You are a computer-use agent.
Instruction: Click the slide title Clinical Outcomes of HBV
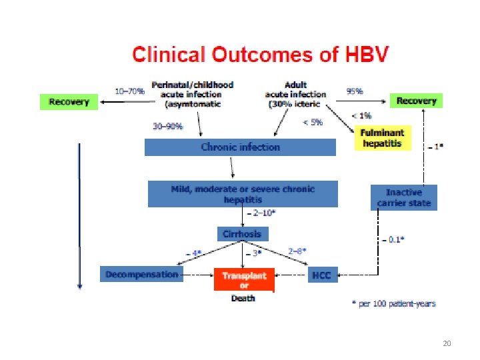tap(259, 54)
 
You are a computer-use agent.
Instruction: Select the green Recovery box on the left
tap(69, 101)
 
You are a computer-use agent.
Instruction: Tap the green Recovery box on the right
tap(416, 101)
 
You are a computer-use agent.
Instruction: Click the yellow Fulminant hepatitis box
tap(383, 138)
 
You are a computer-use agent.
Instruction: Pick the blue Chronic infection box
tap(240, 147)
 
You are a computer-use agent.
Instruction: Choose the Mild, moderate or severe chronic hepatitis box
tap(243, 194)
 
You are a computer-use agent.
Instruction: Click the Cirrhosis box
tap(243, 234)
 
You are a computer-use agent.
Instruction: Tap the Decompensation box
tap(141, 274)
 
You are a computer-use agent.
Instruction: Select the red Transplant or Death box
tap(243, 280)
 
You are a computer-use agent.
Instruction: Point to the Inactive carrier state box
tap(404, 197)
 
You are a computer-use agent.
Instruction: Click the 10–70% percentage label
tap(130, 91)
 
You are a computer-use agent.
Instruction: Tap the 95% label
tap(355, 91)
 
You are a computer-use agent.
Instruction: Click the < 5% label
tap(312, 122)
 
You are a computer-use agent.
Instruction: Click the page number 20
tap(447, 343)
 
